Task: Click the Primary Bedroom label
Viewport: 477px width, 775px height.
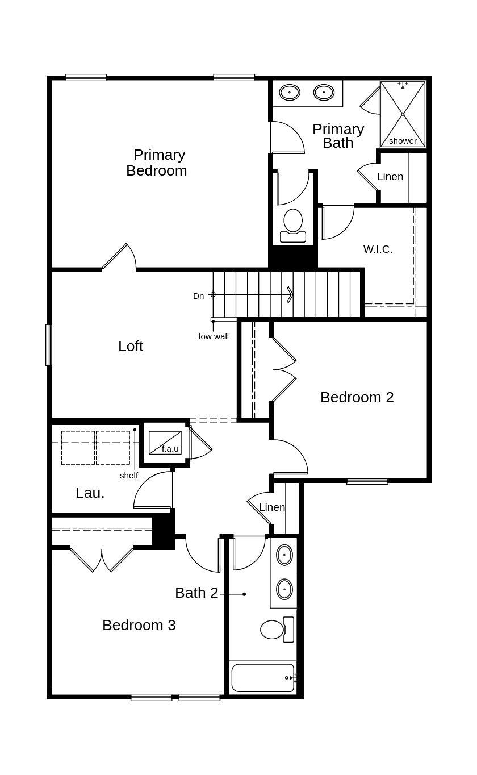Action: point(157,163)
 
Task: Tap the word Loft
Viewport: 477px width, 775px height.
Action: point(131,346)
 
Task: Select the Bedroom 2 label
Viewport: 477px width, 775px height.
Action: point(357,397)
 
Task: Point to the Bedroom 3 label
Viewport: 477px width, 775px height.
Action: point(139,625)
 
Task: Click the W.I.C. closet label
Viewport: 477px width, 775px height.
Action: point(378,249)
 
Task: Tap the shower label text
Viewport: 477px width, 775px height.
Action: point(403,141)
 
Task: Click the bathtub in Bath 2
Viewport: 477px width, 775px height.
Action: point(263,677)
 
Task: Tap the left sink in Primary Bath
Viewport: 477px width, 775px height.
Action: point(290,92)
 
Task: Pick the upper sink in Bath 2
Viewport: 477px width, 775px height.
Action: point(284,555)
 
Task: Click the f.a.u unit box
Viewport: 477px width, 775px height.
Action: point(165,443)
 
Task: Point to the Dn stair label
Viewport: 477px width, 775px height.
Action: point(198,296)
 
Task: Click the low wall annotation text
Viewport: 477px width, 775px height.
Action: point(214,336)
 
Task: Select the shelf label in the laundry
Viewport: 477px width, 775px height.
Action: point(129,476)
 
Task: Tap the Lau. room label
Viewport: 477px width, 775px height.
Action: point(90,493)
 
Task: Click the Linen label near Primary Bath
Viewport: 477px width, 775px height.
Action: point(390,177)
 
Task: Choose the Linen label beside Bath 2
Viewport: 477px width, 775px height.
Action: point(271,507)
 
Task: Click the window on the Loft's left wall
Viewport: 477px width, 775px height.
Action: point(49,344)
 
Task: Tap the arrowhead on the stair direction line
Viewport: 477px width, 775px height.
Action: point(290,294)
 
